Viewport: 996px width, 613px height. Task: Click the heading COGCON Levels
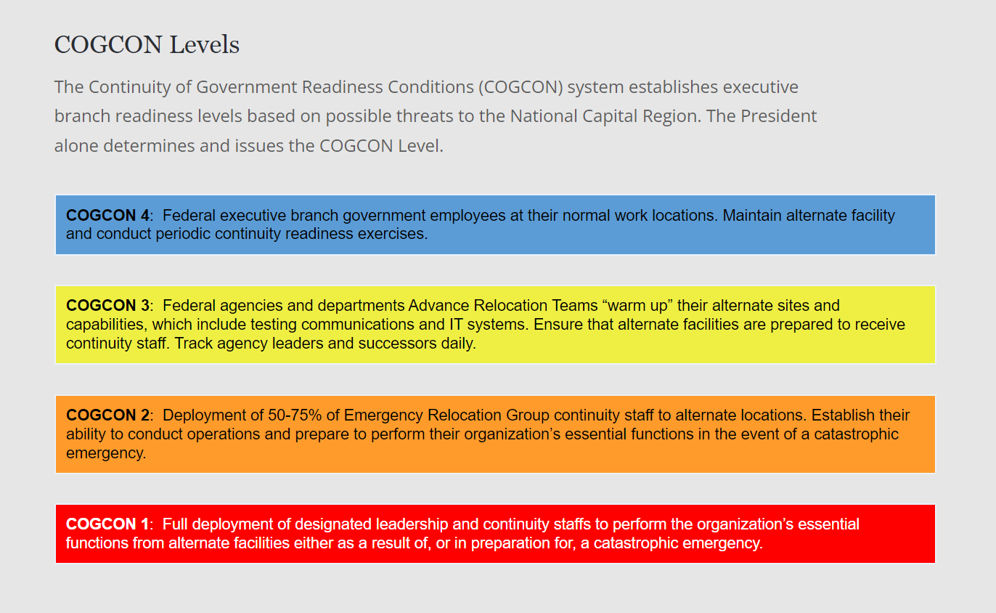pos(147,45)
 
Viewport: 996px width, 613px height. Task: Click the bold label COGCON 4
pos(107,215)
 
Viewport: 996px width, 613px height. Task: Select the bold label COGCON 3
pos(107,306)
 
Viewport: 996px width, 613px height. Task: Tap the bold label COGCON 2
pos(107,415)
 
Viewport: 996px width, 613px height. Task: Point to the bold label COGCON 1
pos(107,524)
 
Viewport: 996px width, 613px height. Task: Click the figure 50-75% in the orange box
pos(295,415)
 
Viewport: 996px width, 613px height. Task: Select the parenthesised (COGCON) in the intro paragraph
pos(521,87)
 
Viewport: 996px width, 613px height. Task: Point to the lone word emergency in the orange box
pos(106,454)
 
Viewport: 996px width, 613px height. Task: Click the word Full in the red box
pos(175,524)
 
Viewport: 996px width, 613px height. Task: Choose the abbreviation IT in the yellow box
pos(456,325)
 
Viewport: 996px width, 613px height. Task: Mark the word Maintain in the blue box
pos(752,215)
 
